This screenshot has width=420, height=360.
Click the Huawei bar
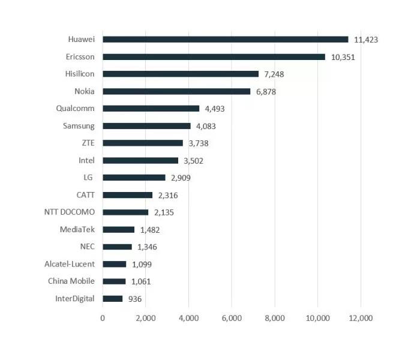pos(225,40)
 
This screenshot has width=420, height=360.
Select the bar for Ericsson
pos(214,57)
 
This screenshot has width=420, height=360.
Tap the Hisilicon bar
pos(180,74)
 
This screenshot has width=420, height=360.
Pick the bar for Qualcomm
pos(151,109)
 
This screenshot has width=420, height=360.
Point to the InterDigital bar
pos(113,299)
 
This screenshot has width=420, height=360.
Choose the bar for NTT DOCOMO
pos(125,212)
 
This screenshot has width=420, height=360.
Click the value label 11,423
pos(366,40)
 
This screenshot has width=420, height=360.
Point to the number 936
pos(134,299)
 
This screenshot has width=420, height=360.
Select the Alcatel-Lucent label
pos(70,264)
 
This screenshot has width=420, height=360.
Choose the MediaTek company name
pos(77,229)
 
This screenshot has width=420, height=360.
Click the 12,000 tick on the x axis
pos(361,318)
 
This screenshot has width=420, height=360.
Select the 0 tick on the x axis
pos(103,318)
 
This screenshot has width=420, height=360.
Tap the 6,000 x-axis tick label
pos(232,318)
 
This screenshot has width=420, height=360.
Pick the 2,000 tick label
pos(146,318)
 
